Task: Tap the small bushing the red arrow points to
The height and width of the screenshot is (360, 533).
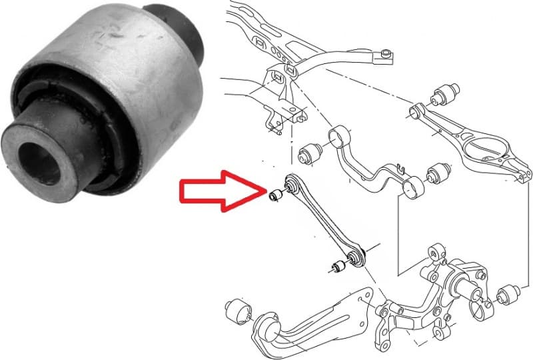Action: coord(274,195)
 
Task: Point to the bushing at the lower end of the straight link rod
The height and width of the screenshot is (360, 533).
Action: coord(338,267)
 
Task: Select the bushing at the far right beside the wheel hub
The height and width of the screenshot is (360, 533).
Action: coord(510,293)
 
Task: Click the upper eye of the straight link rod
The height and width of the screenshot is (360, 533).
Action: coord(290,181)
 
